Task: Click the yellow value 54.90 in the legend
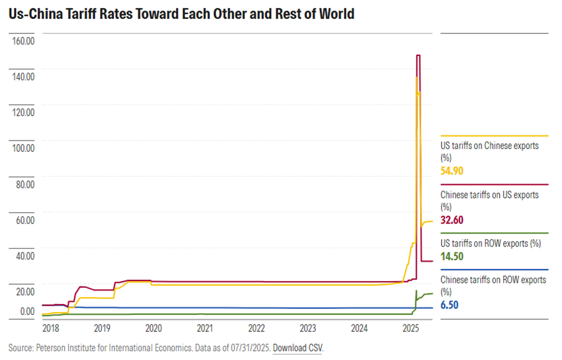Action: click(x=452, y=171)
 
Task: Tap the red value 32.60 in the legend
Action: click(x=452, y=220)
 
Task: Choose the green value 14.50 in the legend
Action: click(x=452, y=256)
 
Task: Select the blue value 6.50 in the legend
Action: click(x=449, y=305)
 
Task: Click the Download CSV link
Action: click(x=298, y=348)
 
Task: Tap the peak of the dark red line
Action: click(x=418, y=55)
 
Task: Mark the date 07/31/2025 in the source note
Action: click(x=248, y=348)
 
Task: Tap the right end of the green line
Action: click(x=432, y=294)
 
